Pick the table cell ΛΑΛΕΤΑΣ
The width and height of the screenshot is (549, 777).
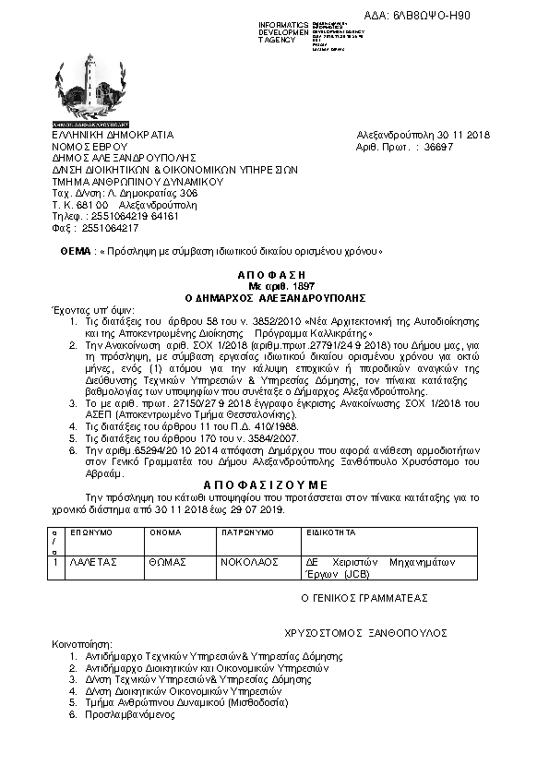coord(90,561)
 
